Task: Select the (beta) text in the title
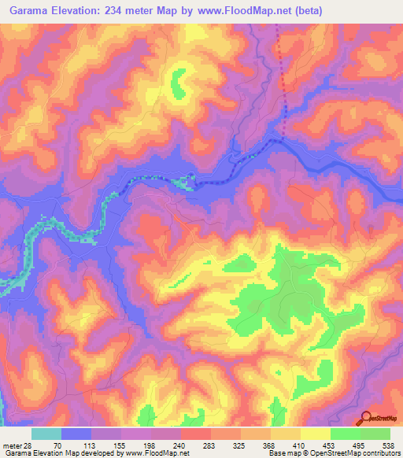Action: click(x=305, y=9)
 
